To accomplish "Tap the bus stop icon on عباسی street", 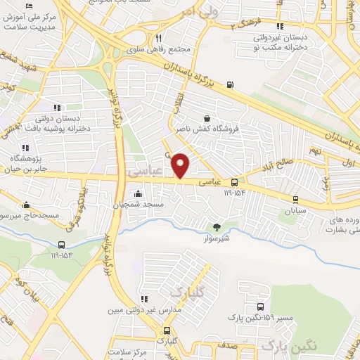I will point(234,181).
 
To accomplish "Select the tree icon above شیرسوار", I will point(217,226).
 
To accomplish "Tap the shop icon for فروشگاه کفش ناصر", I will point(206,118).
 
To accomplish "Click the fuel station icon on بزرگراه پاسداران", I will point(231,86).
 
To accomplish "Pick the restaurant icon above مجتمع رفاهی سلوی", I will point(159,39).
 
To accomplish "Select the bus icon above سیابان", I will point(295,200).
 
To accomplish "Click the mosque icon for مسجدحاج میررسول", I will point(26,205).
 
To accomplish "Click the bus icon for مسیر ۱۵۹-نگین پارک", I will point(262,307).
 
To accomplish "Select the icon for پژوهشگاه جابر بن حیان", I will point(26,148).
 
